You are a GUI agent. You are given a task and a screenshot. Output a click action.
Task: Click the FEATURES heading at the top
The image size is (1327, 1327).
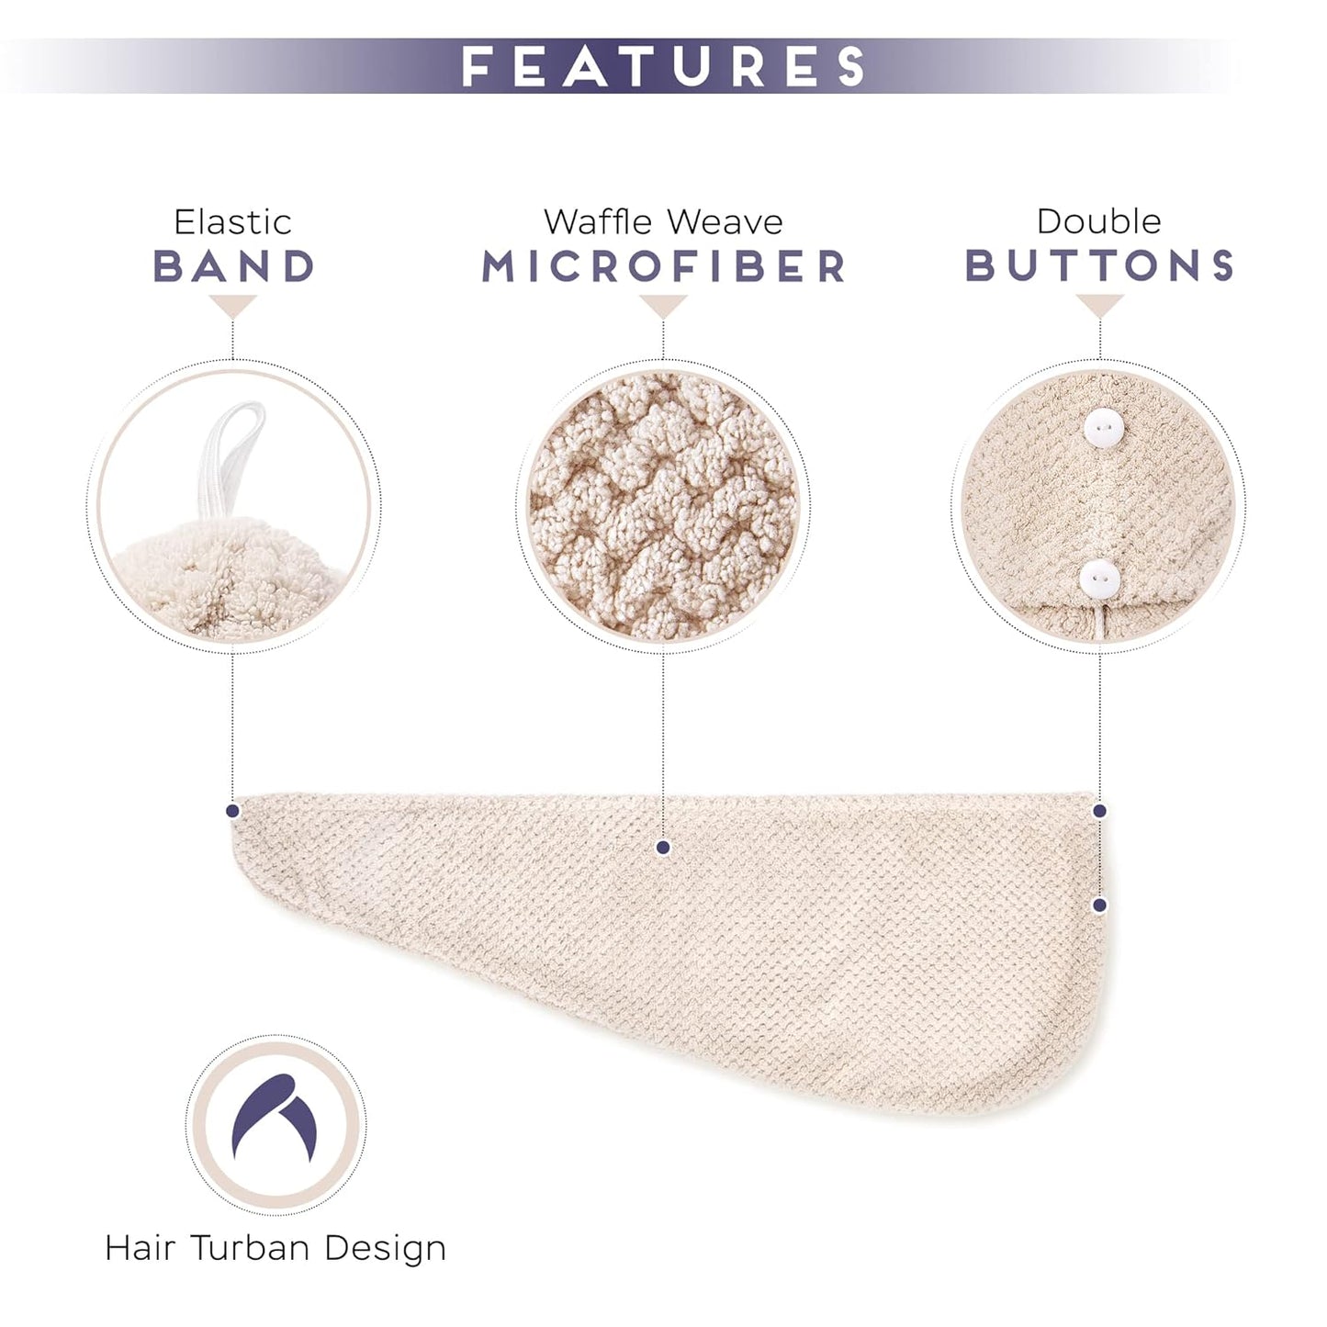663,66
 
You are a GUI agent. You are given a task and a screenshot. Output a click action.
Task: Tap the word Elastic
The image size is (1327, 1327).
232,222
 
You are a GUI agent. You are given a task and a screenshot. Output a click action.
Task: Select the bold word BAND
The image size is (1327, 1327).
234,266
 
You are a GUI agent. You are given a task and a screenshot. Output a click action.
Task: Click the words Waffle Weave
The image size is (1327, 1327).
663,222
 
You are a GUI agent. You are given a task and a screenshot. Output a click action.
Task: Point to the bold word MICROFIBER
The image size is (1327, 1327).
663,266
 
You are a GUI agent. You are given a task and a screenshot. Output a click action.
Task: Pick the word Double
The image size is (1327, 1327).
1098,221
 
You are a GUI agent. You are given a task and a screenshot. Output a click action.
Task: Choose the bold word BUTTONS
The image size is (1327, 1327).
1099,265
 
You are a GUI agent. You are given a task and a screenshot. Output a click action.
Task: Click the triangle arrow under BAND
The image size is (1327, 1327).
232,306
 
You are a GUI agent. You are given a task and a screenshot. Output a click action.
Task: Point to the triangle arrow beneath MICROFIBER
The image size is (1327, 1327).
663,306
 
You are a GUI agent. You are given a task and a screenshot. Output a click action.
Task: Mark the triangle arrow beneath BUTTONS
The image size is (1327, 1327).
1099,306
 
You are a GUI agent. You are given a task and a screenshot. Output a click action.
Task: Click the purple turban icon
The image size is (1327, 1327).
276,1119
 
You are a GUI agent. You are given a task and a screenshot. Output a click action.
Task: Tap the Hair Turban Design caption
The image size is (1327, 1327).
276,1248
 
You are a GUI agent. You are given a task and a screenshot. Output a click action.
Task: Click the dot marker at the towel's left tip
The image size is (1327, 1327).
232,811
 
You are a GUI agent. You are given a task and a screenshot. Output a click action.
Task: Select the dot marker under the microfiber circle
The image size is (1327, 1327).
663,848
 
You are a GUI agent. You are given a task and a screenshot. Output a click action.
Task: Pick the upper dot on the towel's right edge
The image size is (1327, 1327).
1099,811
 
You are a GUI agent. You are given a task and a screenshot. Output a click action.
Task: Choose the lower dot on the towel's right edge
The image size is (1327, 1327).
1099,905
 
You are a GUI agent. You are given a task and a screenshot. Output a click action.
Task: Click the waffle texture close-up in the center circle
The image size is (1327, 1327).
663,505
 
